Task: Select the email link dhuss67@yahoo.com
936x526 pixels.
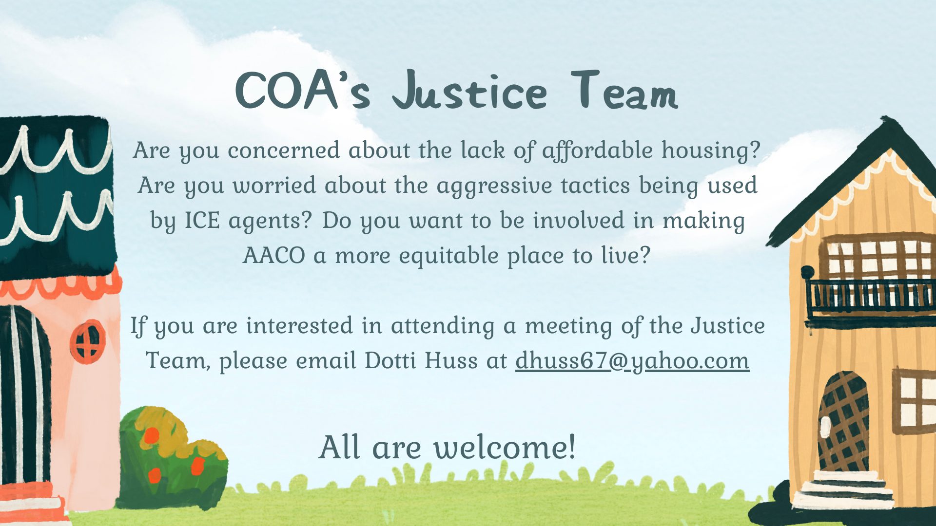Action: point(632,361)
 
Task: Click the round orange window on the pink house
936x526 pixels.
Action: point(87,341)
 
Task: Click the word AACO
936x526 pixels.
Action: point(274,256)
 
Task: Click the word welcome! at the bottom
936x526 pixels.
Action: point(505,447)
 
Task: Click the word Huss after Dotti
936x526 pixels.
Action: point(451,361)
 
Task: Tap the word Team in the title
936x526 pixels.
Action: point(624,90)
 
